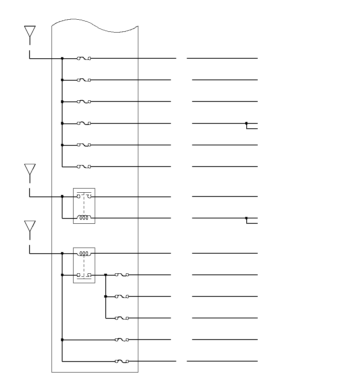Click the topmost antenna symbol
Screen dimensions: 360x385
(30, 32)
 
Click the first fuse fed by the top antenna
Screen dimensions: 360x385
(84, 58)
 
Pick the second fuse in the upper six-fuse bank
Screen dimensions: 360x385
(84, 80)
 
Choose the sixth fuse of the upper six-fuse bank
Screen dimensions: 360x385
(84, 167)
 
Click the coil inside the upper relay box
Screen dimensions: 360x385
(84, 218)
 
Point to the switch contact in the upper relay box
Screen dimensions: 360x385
(84, 196)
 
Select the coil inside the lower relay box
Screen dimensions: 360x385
(84, 253)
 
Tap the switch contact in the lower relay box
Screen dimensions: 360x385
(84, 275)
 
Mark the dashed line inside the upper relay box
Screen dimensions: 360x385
(84, 207)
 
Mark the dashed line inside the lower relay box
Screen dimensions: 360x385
(84, 264)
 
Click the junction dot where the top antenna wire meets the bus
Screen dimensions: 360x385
(62, 58)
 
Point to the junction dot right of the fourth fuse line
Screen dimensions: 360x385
(246, 123)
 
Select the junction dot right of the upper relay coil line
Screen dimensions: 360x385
(246, 218)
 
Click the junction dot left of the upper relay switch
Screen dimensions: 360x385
(62, 196)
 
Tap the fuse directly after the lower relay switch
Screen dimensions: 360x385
(122, 275)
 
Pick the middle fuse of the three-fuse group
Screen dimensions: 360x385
(122, 296)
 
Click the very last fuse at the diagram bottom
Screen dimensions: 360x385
(122, 361)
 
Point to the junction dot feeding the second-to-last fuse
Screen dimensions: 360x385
(62, 340)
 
